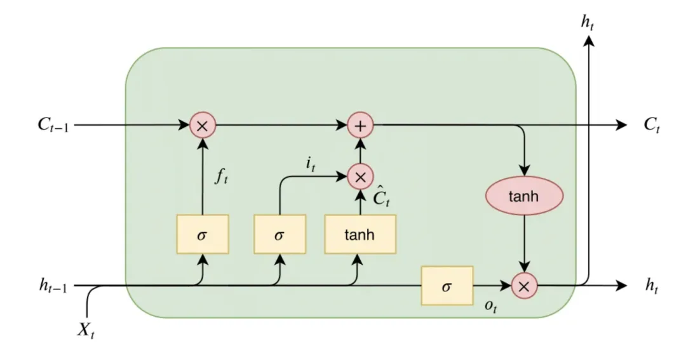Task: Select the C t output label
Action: coord(650,126)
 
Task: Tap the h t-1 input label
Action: coord(53,286)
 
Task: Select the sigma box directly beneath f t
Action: coord(203,234)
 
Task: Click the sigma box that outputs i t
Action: coord(279,234)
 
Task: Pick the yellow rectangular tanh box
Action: coord(360,234)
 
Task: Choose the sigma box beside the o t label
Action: coord(447,286)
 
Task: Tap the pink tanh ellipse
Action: coord(525,197)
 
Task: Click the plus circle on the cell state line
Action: coord(360,126)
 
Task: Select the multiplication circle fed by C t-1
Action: coord(203,126)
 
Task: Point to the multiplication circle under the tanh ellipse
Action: coord(525,286)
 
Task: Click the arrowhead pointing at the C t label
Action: coord(621,126)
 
